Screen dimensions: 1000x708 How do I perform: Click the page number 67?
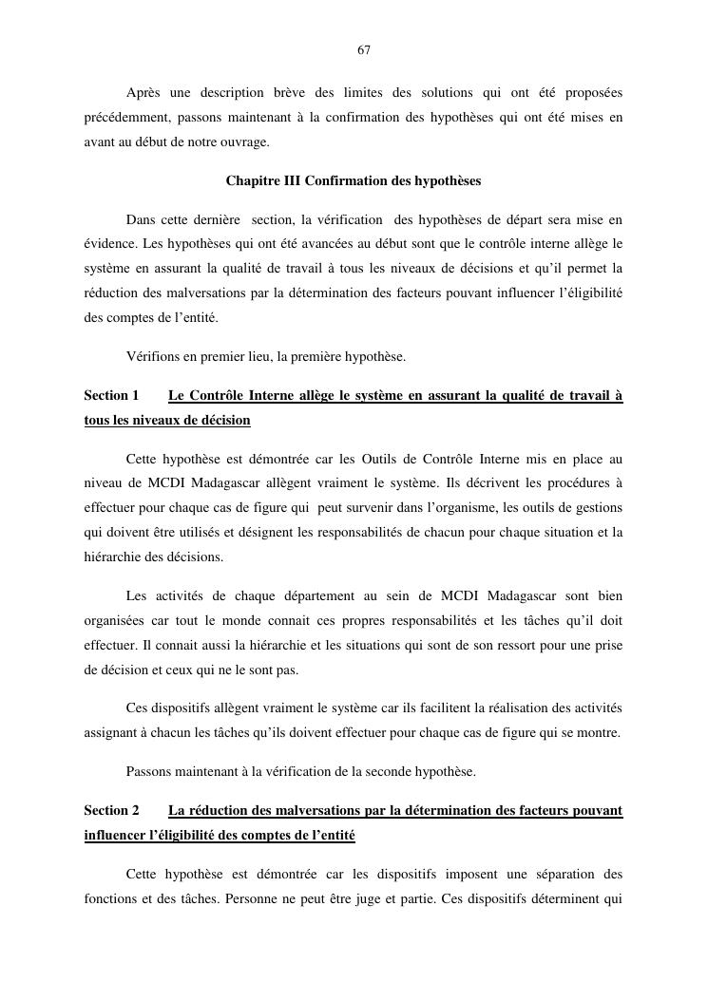(364, 49)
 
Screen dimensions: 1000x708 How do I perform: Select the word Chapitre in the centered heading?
(252, 180)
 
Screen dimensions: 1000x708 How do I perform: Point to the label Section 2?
(111, 810)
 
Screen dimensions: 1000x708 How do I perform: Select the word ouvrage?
(244, 142)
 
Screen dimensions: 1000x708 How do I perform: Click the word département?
(298, 596)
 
